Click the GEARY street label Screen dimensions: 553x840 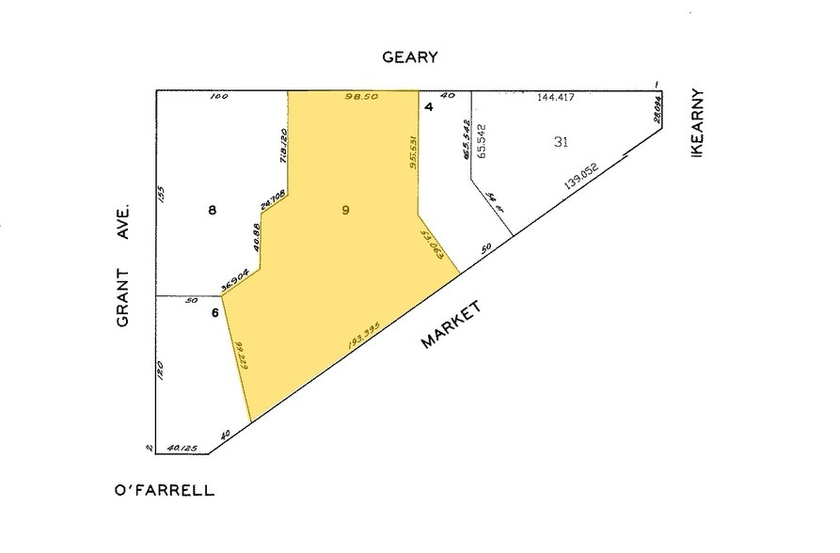click(x=409, y=56)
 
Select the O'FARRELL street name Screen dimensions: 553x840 click(x=165, y=490)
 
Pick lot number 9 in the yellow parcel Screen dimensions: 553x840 click(x=346, y=211)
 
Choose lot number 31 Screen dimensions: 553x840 click(x=562, y=142)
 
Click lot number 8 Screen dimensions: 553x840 click(x=213, y=211)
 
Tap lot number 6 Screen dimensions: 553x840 click(x=214, y=312)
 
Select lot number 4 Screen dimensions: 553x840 click(x=428, y=106)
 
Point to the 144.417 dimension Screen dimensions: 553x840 click(x=555, y=97)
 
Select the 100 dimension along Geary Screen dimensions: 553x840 click(x=219, y=97)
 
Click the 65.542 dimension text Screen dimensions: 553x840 click(x=482, y=140)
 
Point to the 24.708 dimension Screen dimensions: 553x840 click(x=273, y=200)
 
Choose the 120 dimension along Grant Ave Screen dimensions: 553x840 click(x=161, y=371)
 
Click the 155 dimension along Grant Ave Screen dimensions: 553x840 click(x=161, y=194)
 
